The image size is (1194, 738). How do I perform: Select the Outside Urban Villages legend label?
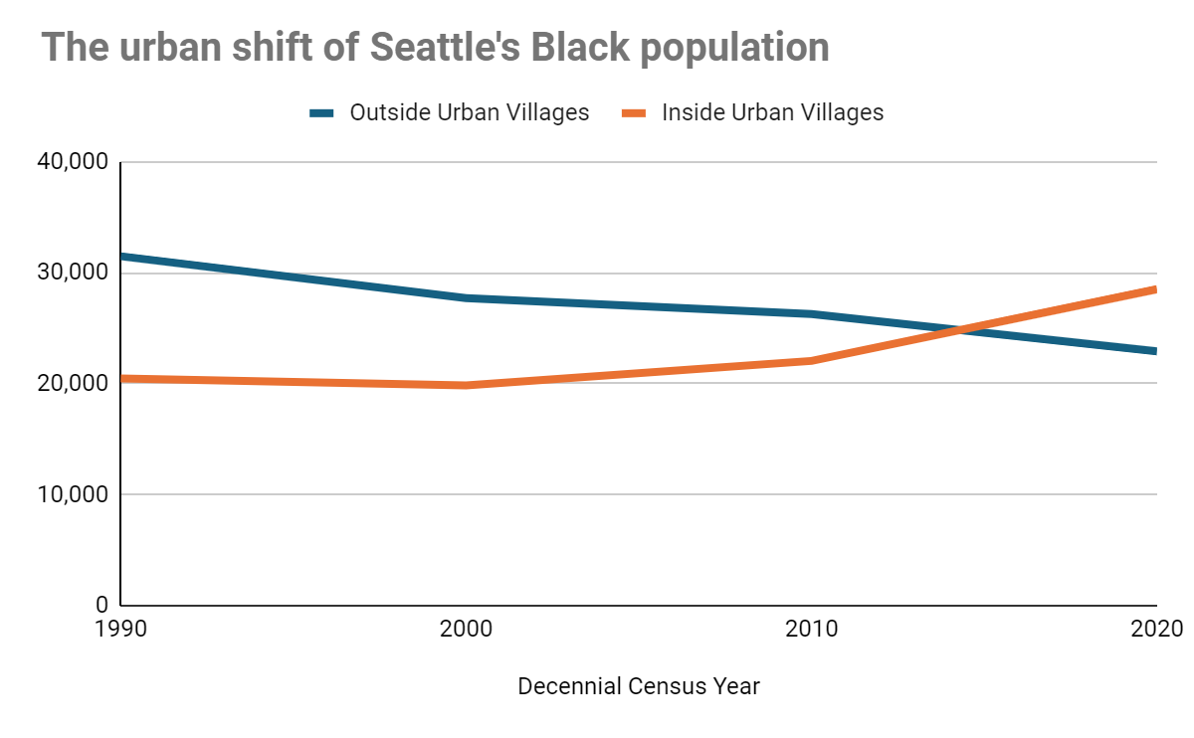pyautogui.click(x=469, y=112)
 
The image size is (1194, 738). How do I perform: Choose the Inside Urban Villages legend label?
pyautogui.click(x=772, y=112)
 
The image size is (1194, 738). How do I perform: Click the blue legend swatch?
pyautogui.click(x=322, y=113)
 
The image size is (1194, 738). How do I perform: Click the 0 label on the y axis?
pyautogui.click(x=101, y=605)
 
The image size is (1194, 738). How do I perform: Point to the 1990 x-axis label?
pyautogui.click(x=119, y=630)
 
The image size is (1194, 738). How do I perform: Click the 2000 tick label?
pyautogui.click(x=466, y=630)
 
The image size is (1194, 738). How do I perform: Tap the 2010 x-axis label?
pyautogui.click(x=811, y=630)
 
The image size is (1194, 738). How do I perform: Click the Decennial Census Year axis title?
pyautogui.click(x=638, y=686)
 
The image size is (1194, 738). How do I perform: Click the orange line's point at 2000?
pyautogui.click(x=466, y=385)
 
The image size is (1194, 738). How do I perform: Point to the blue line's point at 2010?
pyautogui.click(x=811, y=314)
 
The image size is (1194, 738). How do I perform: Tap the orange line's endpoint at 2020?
pyautogui.click(x=1154, y=289)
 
